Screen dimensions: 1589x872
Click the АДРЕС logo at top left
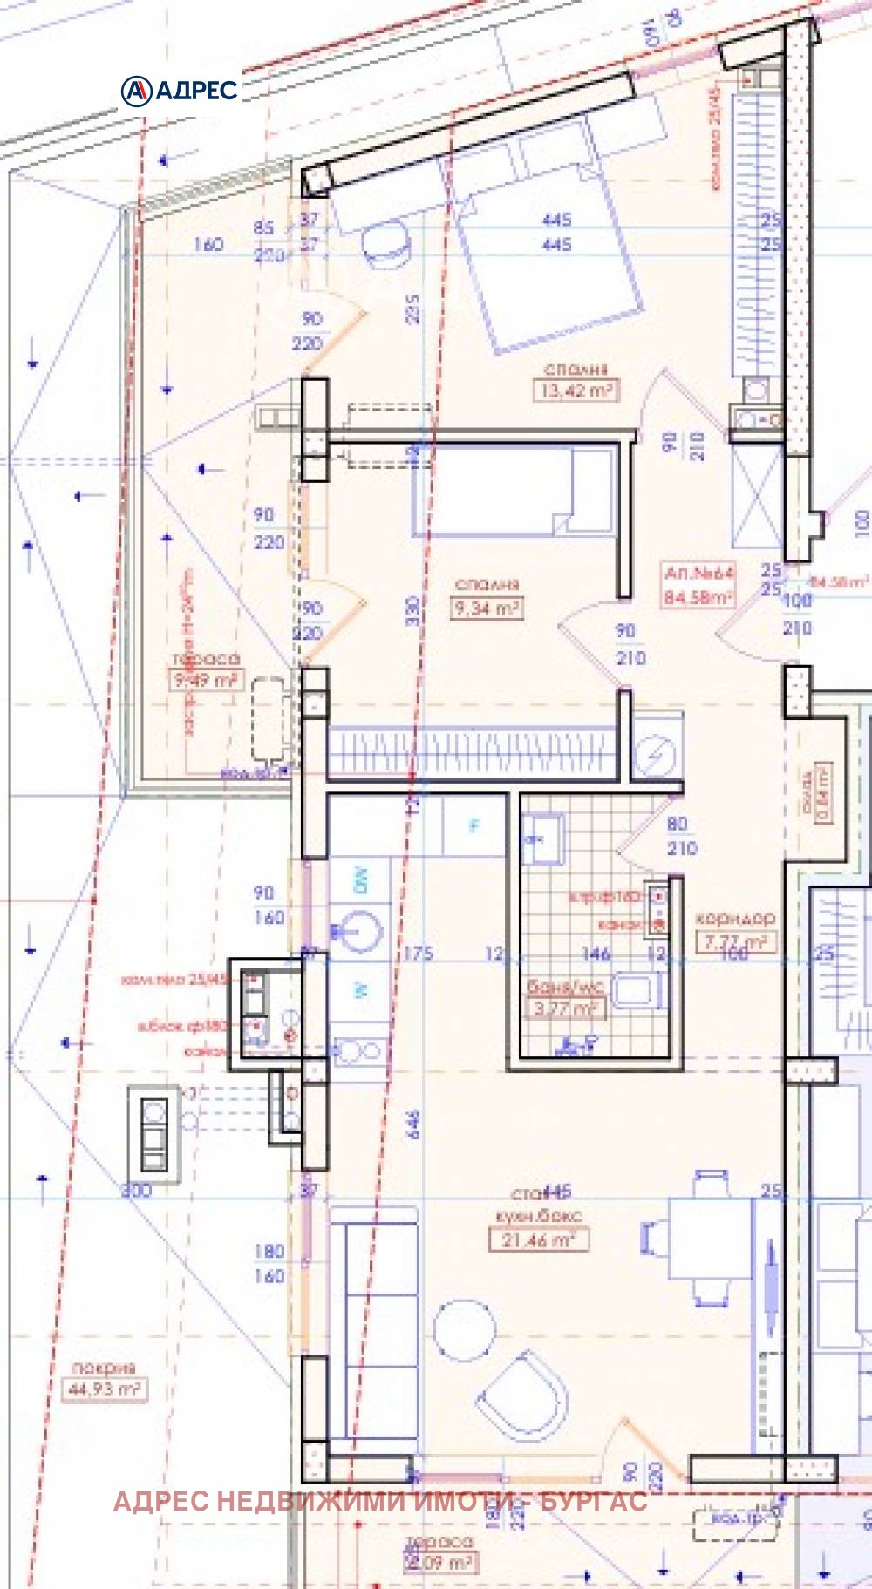[180, 90]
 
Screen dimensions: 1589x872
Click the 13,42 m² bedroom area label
[576, 390]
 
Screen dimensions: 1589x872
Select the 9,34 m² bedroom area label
[487, 608]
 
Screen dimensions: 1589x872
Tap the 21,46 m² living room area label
[538, 1239]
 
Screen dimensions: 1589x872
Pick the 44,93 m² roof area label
[104, 1389]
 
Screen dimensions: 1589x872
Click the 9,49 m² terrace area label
[206, 679]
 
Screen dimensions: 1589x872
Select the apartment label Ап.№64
[698, 574]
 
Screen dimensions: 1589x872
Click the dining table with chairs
[710, 1238]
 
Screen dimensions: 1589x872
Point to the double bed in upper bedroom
[545, 261]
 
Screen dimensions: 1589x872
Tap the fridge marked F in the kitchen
[474, 825]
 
